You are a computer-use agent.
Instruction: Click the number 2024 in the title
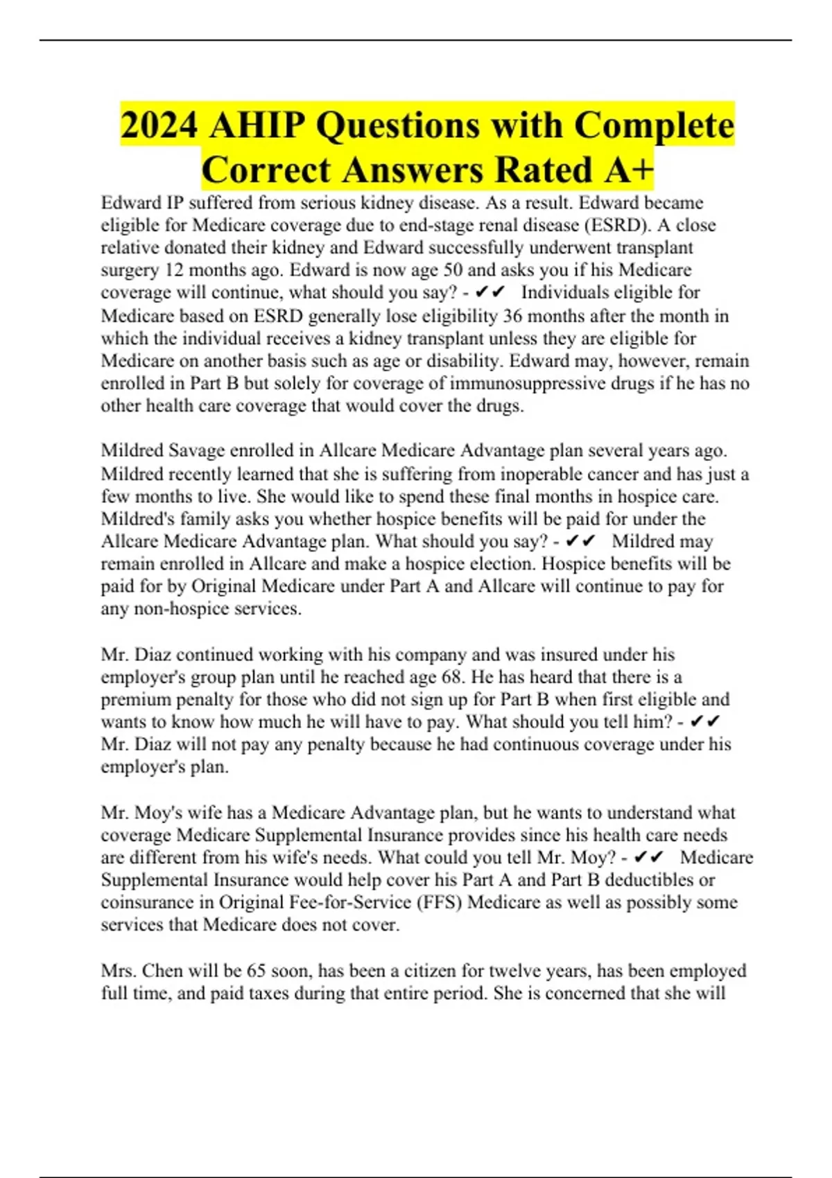(159, 125)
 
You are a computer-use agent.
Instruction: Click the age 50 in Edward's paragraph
(453, 270)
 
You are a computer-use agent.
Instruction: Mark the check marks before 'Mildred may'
(580, 541)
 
